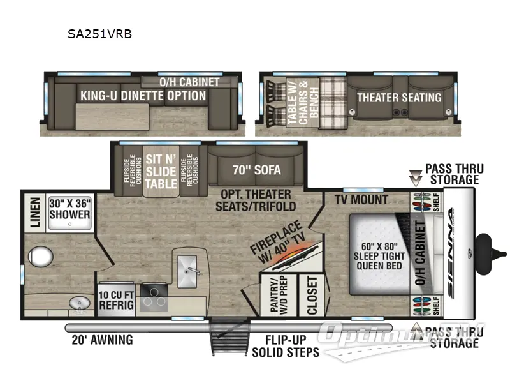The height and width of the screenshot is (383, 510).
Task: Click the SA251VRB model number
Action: (100, 34)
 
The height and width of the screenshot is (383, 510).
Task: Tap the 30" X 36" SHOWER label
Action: (70, 209)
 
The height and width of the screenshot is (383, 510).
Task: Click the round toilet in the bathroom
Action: (40, 257)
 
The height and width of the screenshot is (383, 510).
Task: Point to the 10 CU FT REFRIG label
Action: (116, 300)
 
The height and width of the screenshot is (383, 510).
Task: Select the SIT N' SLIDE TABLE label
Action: (161, 170)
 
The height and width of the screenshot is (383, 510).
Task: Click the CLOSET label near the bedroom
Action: (312, 295)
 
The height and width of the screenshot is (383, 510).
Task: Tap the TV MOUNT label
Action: (361, 200)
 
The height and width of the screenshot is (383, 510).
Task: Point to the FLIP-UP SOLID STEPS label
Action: (285, 346)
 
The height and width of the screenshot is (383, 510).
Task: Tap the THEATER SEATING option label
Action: (398, 98)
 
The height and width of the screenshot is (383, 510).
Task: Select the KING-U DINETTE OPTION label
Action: (143, 96)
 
